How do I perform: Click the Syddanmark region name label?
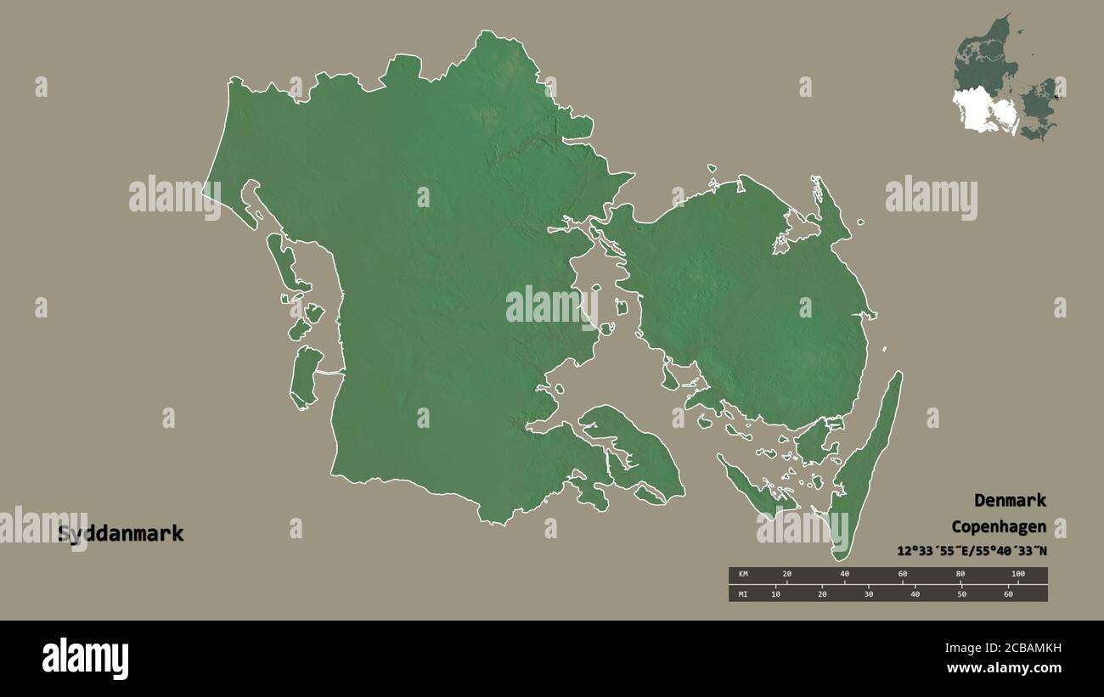(x=120, y=534)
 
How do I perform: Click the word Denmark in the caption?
(x=1010, y=500)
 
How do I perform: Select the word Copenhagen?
(x=999, y=526)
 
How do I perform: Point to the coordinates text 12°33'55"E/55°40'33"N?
(x=972, y=551)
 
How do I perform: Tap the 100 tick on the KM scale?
(x=1017, y=575)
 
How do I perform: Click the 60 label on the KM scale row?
(x=903, y=575)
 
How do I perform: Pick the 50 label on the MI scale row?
(x=961, y=593)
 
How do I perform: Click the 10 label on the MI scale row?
(x=775, y=593)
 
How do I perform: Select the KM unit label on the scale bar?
(x=742, y=575)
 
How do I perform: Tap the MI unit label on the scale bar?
(x=742, y=593)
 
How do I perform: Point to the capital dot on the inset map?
(x=1056, y=96)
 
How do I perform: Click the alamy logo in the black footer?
(x=85, y=658)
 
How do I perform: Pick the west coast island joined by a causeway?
(x=304, y=377)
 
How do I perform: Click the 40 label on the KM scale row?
(x=844, y=575)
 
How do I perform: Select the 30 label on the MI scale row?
(x=868, y=593)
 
